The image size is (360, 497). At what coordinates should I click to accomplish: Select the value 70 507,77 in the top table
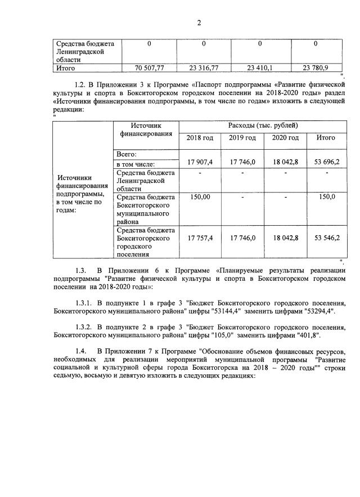tap(149, 68)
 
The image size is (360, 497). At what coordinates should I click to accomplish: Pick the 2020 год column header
tap(285, 138)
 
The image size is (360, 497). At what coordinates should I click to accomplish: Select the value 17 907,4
tap(200, 162)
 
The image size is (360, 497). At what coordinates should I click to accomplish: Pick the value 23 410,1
tap(260, 68)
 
